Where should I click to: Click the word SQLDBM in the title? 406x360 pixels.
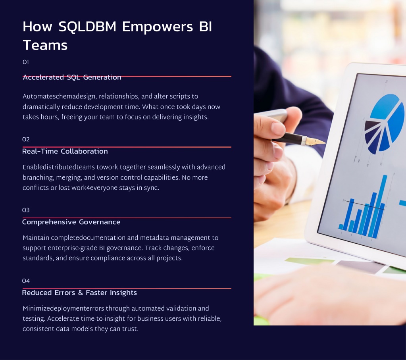[x=87, y=27]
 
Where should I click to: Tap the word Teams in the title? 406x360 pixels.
[x=45, y=45]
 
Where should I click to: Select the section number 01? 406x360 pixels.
[x=26, y=62]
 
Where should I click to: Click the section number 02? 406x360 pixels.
[x=26, y=139]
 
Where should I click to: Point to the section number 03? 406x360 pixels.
[x=26, y=210]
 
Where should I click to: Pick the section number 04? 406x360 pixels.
[x=26, y=281]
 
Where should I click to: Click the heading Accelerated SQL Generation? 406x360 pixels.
[x=72, y=77]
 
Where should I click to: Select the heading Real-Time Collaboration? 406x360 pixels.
[x=65, y=151]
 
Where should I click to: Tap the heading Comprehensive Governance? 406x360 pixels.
[x=71, y=222]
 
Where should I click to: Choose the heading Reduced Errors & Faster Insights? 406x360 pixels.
[x=79, y=293]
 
